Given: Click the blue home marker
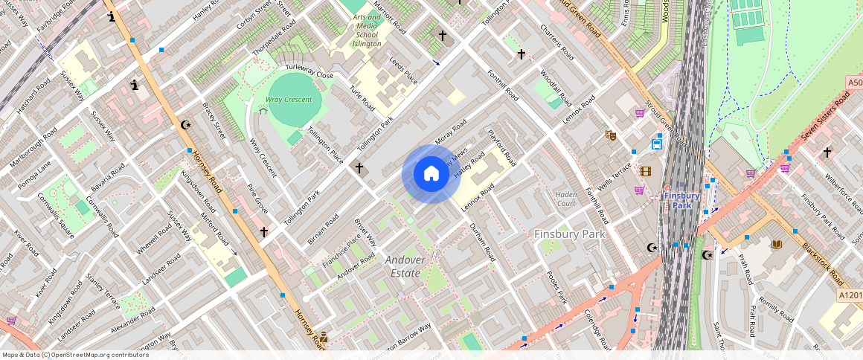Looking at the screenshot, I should (x=431, y=174).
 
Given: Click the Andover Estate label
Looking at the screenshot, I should (x=405, y=266).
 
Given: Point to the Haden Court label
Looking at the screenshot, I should (x=566, y=199).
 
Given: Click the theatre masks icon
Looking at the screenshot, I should (x=610, y=135).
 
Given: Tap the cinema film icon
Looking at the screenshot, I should (x=645, y=171).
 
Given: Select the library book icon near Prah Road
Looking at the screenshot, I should (x=777, y=245).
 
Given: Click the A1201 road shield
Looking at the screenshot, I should (x=850, y=295).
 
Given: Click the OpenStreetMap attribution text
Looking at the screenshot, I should (x=75, y=355).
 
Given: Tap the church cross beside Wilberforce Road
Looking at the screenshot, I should (x=827, y=152).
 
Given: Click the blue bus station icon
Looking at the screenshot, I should (x=658, y=144).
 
